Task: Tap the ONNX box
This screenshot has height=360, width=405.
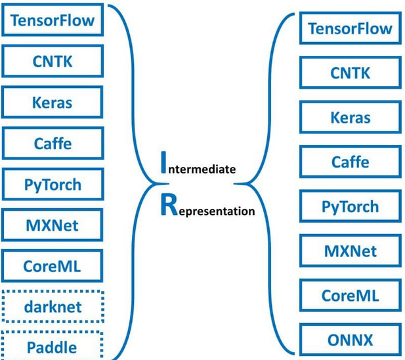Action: tap(351, 340)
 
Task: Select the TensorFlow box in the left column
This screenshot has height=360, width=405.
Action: tap(53, 21)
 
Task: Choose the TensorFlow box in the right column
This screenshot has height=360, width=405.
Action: tap(350, 29)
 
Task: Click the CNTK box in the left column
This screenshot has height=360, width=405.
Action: tap(53, 62)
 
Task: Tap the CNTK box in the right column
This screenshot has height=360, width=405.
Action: tap(350, 73)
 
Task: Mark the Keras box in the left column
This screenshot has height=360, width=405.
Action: tap(53, 103)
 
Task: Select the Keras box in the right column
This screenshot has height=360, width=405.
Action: tap(350, 118)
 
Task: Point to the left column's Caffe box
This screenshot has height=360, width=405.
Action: tap(53, 144)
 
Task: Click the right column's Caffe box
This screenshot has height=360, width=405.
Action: tap(350, 162)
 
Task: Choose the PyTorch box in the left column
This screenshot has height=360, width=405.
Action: tap(53, 185)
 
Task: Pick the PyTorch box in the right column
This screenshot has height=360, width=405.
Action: tap(350, 207)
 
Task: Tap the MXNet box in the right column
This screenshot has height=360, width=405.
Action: tap(350, 251)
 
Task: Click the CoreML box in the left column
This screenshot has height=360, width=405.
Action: tap(53, 266)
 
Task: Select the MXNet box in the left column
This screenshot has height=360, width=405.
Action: tap(53, 225)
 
